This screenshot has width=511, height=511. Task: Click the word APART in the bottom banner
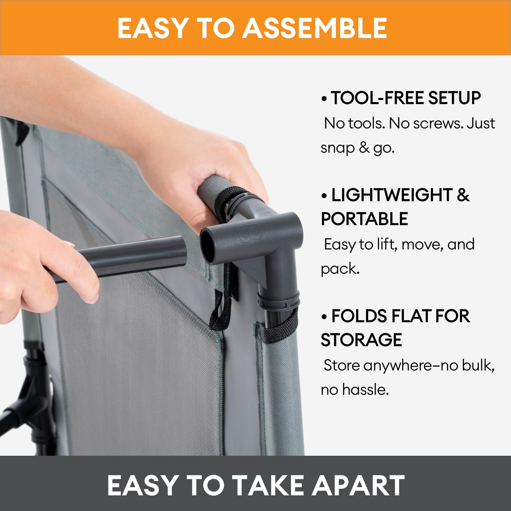(358, 485)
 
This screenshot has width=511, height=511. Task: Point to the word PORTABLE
(364, 219)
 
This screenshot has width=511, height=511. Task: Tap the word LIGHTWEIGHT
(392, 195)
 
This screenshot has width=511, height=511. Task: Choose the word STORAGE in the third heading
(361, 340)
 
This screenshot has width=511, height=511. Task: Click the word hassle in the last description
(366, 390)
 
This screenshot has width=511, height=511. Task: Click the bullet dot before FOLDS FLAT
(324, 317)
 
